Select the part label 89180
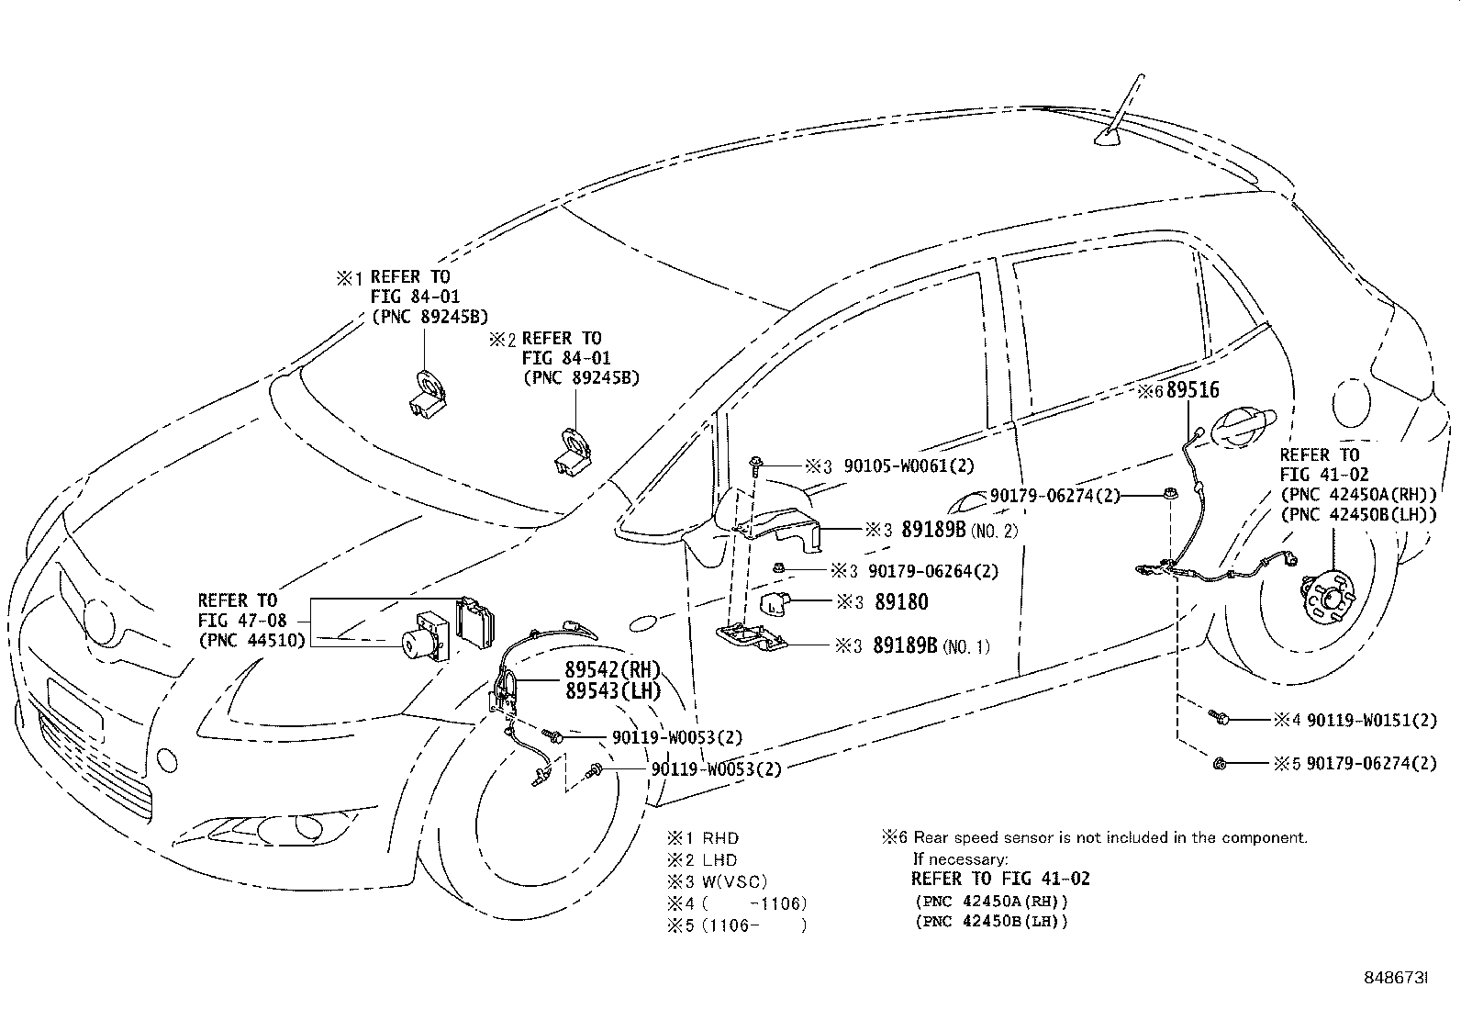click(x=900, y=602)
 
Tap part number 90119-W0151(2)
click(x=1371, y=720)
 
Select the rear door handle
click(x=1243, y=426)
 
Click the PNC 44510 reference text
click(x=251, y=640)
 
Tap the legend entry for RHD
click(x=719, y=837)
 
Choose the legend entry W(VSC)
click(x=734, y=881)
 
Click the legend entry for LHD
click(x=719, y=859)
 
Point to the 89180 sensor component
click(x=775, y=604)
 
